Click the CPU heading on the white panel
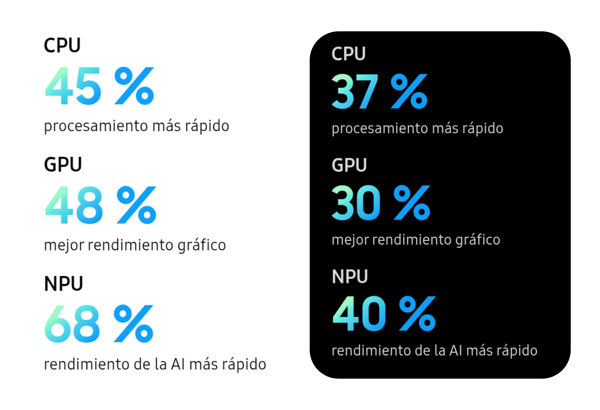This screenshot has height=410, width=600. [x=62, y=45]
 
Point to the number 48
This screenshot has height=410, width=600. [x=74, y=205]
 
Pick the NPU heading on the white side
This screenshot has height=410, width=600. [x=63, y=284]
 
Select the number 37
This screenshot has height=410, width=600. [x=355, y=91]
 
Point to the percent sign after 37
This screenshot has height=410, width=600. [x=409, y=91]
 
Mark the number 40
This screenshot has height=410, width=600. [x=359, y=314]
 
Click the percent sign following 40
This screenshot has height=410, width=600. [x=417, y=314]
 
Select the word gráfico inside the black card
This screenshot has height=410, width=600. [x=478, y=240]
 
